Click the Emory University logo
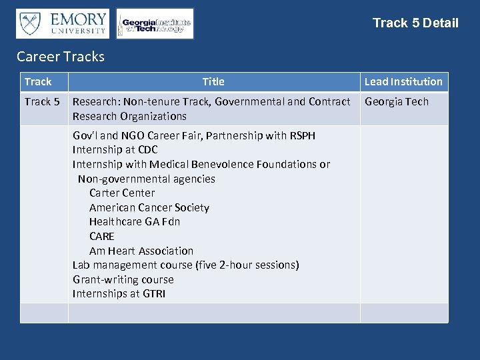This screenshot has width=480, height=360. (x=63, y=23)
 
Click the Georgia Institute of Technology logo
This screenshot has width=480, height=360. (x=155, y=24)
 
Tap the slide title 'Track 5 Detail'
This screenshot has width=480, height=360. (x=415, y=23)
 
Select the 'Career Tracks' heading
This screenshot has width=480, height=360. (x=61, y=57)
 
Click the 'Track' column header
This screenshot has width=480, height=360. (x=38, y=82)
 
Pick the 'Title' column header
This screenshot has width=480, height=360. (x=213, y=82)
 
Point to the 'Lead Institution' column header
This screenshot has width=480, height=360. (x=403, y=82)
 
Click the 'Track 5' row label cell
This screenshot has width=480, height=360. (x=42, y=102)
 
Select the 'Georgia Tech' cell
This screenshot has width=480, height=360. (x=397, y=102)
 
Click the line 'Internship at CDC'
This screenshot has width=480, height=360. (x=115, y=150)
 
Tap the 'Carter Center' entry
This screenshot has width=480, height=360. (x=122, y=193)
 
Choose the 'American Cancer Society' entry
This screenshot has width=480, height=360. (x=149, y=208)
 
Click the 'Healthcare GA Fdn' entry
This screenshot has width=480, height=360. (x=135, y=222)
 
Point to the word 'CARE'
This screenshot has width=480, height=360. (x=102, y=237)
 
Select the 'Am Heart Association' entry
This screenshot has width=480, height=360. (x=141, y=251)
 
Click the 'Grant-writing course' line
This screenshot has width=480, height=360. (x=123, y=280)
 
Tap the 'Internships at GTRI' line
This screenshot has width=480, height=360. (x=119, y=294)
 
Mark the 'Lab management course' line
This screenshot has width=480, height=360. (x=185, y=265)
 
